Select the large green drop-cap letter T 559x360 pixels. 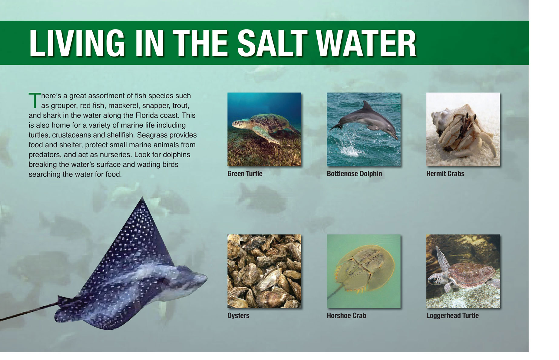[x=35, y=100]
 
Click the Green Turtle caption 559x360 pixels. [x=245, y=174]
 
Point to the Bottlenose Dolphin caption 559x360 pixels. [x=354, y=174]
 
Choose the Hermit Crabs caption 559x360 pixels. [x=445, y=174]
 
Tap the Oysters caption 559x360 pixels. [x=238, y=315]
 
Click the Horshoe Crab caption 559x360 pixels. [x=346, y=315]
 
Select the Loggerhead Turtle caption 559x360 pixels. [x=452, y=315]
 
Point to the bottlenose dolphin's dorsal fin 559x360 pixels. [x=367, y=106]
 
